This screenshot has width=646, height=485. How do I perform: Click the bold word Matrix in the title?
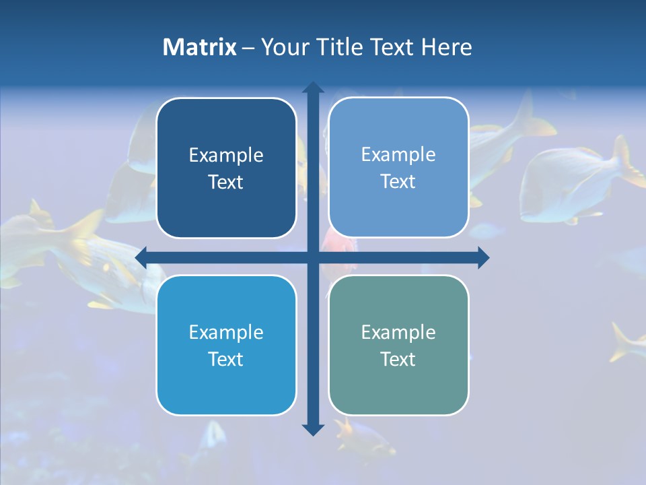pos(199,47)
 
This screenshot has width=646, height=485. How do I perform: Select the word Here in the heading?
pos(446,47)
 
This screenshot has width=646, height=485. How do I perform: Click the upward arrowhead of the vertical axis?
pos(313,87)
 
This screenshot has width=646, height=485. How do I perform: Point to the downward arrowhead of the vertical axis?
pos(313,430)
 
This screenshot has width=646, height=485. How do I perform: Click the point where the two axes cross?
pos(313,257)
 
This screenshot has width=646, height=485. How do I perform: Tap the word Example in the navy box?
pos(226,156)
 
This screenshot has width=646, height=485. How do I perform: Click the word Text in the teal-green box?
pos(398,359)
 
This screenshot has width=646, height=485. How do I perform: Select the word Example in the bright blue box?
pos(226,332)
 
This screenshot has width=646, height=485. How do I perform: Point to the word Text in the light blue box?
pos(398,181)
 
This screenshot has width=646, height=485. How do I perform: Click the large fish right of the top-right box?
pos(572,182)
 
